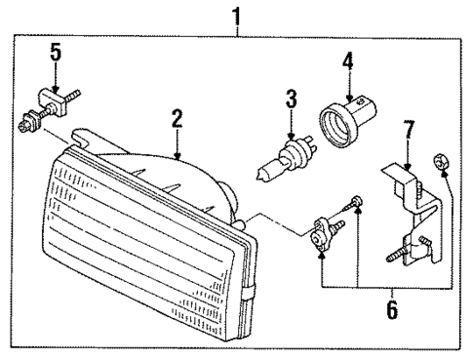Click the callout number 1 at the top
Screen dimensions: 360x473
[x=234, y=14]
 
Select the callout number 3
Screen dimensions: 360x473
[x=290, y=99]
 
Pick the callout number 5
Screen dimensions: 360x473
[x=56, y=53]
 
